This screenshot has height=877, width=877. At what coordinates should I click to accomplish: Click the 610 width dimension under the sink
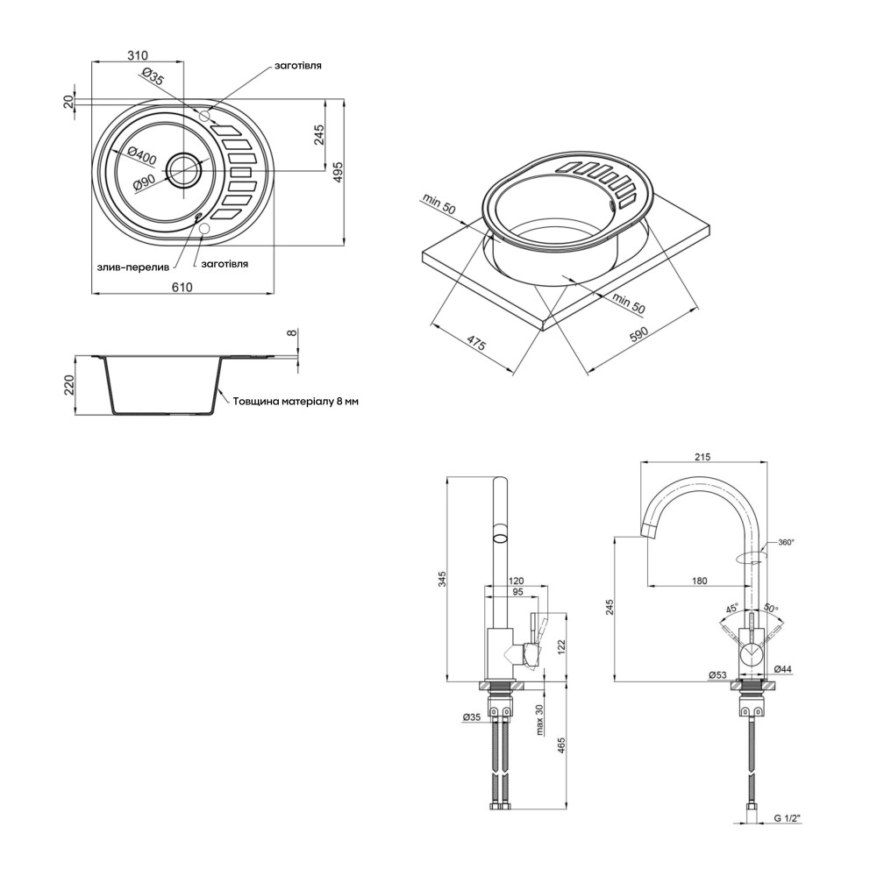pos(182,288)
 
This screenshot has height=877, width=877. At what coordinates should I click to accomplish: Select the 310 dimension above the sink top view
pos(137,55)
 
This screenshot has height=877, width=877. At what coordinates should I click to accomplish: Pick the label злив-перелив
pos(132,267)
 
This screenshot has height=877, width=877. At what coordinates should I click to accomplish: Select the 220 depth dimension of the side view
pos(70,385)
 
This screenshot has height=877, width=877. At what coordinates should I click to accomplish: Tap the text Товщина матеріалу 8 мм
pos(296,402)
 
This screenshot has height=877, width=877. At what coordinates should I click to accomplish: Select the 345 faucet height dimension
pos(441,578)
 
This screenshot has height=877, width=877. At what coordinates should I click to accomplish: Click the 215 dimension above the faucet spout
pos(702,457)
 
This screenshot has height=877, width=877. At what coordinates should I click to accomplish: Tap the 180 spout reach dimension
pos(699,581)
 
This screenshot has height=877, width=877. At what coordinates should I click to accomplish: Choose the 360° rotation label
pos(785,542)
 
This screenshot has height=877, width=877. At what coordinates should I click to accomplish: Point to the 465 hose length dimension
pos(562,747)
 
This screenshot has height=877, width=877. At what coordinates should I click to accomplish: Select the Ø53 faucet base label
pos(717,675)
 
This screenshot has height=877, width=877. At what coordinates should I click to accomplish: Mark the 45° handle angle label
pos(731,608)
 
